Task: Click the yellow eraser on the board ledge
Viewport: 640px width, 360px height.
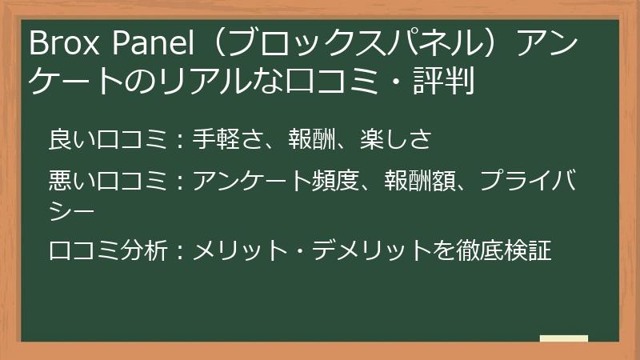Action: [x=563, y=338]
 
